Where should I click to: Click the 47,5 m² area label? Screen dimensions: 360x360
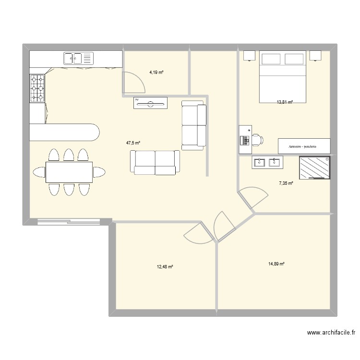[x=133, y=143]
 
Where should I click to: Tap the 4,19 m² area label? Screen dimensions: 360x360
[x=156, y=72]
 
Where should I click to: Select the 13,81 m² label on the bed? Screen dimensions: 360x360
[x=284, y=102]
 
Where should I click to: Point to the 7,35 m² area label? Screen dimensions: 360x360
[x=286, y=183]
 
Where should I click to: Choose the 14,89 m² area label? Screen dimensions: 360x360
[x=277, y=264]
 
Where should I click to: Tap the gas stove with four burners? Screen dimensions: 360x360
[x=37, y=88]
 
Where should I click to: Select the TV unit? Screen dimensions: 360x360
[x=150, y=103]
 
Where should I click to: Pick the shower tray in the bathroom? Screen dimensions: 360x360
[x=315, y=168]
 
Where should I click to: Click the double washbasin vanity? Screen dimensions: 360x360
[x=268, y=163]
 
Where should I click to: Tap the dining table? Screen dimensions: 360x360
[x=69, y=172]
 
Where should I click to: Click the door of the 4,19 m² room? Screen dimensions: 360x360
[x=133, y=82]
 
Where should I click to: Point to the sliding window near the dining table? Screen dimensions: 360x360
[x=69, y=221]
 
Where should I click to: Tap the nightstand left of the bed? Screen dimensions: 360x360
[x=250, y=56]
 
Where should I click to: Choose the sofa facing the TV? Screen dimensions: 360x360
[x=155, y=162]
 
